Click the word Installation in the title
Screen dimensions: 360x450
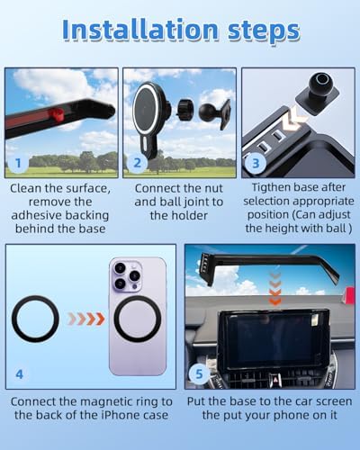pyautogui.click(x=140, y=30)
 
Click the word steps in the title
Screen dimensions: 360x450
pyautogui.click(x=264, y=31)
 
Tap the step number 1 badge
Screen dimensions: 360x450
pyautogui.click(x=18, y=163)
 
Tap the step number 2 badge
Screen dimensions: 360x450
pyautogui.click(x=137, y=163)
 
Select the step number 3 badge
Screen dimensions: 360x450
pyautogui.click(x=256, y=163)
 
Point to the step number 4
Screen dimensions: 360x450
pyautogui.click(x=19, y=374)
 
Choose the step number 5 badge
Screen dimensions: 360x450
pyautogui.click(x=199, y=373)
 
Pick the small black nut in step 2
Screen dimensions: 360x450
pyautogui.click(x=183, y=110)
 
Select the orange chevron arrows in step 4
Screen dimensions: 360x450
pyautogui.click(x=86, y=319)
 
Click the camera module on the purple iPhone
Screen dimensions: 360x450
pyautogui.click(x=127, y=275)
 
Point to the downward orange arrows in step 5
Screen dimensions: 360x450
pyautogui.click(x=275, y=289)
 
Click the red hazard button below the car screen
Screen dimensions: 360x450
pyautogui.click(x=274, y=379)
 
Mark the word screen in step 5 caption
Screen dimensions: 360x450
pyautogui.click(x=332, y=401)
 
